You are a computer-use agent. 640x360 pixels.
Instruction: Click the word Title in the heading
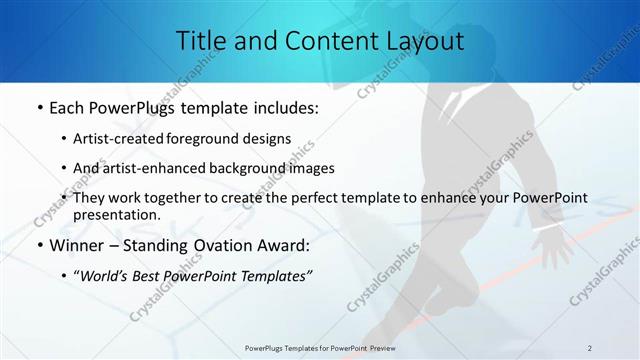[x=200, y=41]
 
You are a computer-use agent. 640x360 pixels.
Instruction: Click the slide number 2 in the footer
[x=589, y=347]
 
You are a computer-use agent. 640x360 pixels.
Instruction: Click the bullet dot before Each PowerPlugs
[x=38, y=108]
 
